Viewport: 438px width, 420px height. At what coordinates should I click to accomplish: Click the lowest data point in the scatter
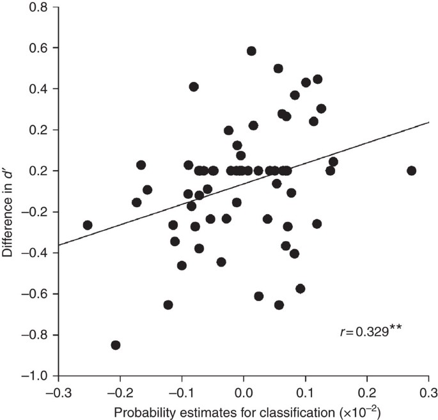point(116,345)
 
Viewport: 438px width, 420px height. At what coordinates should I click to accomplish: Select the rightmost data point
point(411,171)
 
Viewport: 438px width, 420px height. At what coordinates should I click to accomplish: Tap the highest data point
point(251,51)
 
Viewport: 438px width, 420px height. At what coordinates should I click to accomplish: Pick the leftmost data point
point(88,225)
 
